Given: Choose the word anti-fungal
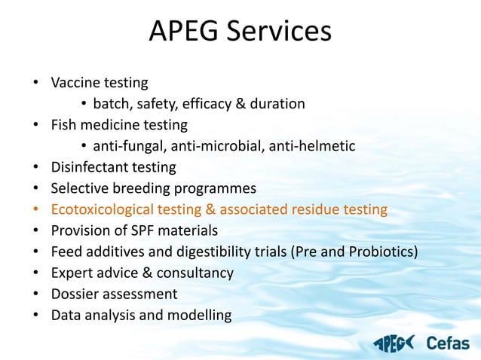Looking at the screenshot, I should [127, 145].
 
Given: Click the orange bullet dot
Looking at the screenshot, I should [36, 209].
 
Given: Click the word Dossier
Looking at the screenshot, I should [73, 293].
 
